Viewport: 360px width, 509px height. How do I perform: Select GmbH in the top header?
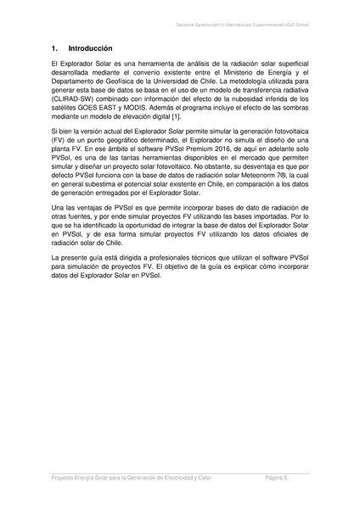(300, 26)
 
